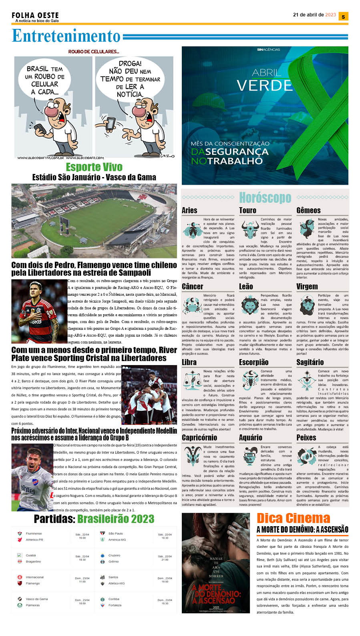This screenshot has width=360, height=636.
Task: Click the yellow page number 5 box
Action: (343, 16)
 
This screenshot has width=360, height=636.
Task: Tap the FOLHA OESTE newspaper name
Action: (35, 15)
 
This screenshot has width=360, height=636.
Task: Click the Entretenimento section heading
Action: (66, 36)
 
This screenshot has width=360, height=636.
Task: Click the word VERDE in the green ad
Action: (264, 85)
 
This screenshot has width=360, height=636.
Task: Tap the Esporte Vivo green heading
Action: (94, 167)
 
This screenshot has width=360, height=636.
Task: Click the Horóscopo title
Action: (265, 198)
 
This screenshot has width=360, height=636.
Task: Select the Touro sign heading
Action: (247, 210)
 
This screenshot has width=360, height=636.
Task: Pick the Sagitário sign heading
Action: (310, 362)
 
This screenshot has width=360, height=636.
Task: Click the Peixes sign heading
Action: (306, 438)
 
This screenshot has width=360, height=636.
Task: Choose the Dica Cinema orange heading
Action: (293, 518)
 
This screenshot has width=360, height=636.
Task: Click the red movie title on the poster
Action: (216, 594)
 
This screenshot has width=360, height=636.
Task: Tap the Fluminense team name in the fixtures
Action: (34, 533)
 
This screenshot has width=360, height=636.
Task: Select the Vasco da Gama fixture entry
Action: (36, 599)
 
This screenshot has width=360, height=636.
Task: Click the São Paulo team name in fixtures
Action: (116, 533)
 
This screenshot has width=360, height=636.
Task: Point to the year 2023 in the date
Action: (331, 15)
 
